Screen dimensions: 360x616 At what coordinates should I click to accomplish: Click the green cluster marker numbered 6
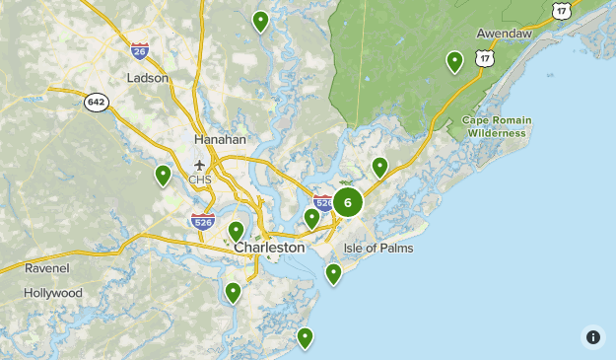348,202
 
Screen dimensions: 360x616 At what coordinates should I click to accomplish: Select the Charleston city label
269,248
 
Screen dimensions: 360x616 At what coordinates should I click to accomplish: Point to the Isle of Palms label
378,248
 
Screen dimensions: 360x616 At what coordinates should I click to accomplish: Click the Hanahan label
220,139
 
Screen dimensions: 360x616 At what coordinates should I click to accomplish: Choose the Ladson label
148,77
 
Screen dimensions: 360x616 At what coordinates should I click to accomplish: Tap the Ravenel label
48,267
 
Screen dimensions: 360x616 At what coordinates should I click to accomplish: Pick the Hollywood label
53,293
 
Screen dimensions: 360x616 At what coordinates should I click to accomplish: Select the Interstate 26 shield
140,49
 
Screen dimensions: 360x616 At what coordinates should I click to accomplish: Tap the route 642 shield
96,103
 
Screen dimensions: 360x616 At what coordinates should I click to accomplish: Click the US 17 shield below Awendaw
484,59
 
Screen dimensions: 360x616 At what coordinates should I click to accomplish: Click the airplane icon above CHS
201,164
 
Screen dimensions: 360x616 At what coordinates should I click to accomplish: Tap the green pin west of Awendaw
454,61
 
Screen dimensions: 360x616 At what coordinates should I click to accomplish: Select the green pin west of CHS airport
163,175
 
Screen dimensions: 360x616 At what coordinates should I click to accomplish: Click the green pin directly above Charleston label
237,231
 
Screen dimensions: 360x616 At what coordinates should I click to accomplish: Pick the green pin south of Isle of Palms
333,273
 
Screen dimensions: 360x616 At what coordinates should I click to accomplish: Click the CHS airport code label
201,180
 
